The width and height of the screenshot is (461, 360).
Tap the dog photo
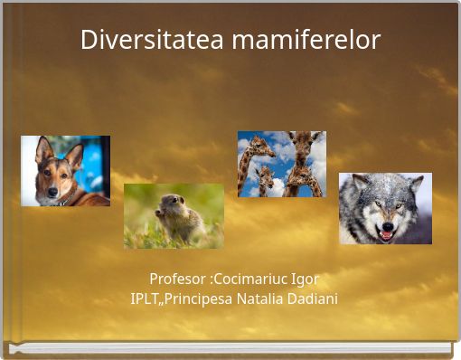(x=65, y=171)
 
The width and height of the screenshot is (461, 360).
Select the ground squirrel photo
(x=174, y=215)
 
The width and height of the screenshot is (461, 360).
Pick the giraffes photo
(x=281, y=164)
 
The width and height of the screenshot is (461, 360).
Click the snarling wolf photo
(x=385, y=208)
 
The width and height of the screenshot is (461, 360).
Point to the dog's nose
(x=52, y=193)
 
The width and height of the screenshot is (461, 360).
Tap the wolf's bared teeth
(x=385, y=233)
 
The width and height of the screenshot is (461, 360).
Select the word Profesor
(x=176, y=278)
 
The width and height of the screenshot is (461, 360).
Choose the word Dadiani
(x=314, y=298)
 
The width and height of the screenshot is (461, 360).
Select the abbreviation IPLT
(x=145, y=298)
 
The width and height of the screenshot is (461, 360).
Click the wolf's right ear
(x=415, y=182)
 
